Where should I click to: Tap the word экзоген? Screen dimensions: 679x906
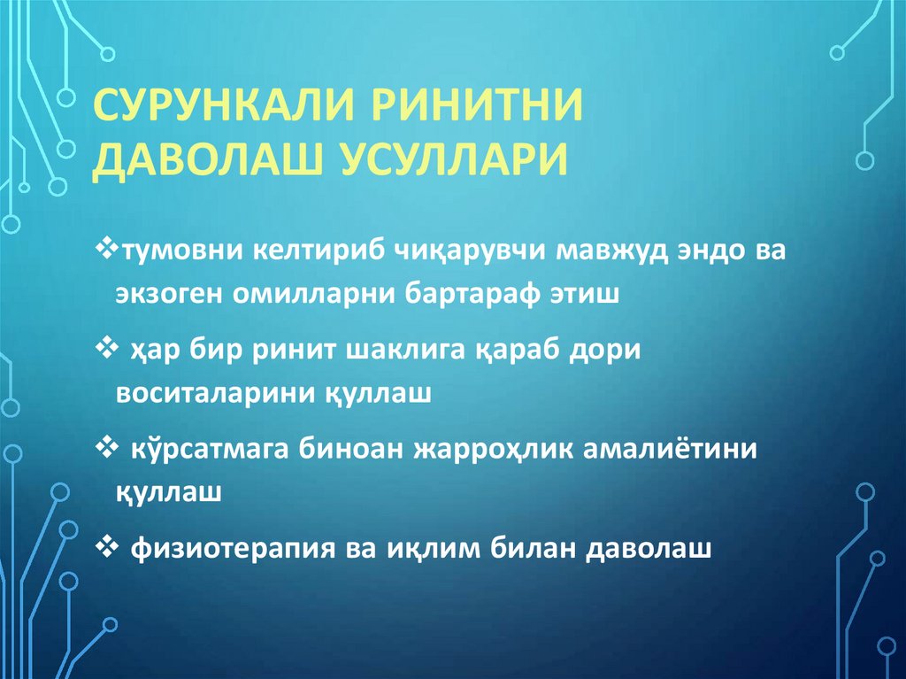(168, 293)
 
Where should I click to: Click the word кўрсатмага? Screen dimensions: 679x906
(200, 449)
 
